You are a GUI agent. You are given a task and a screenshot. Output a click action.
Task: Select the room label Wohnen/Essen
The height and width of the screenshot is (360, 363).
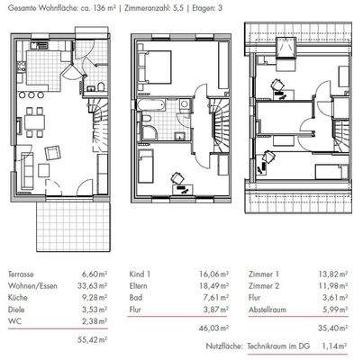pos(28,283)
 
